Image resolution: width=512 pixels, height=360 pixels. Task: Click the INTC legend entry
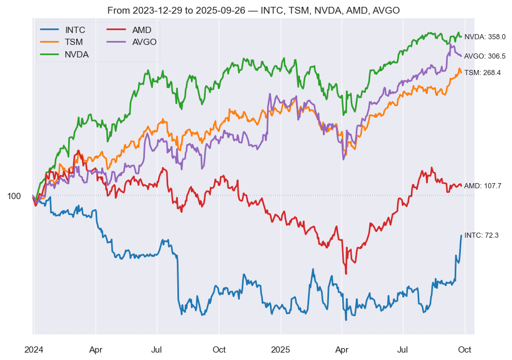coord(75,30)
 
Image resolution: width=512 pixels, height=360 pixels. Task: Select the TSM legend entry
coord(74,42)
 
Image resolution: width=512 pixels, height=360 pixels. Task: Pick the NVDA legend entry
coord(76,55)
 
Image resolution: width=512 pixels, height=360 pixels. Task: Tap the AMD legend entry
coord(141,30)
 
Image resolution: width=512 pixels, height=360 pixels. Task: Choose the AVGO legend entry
coord(144,42)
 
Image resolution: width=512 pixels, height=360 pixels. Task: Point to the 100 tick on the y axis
coord(14,196)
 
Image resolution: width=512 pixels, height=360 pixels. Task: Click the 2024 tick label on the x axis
coord(34,349)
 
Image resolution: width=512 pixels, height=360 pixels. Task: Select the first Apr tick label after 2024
coord(96,349)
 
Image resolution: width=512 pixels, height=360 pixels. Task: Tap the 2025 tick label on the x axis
coord(281,349)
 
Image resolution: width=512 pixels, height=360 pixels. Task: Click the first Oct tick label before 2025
coord(219,349)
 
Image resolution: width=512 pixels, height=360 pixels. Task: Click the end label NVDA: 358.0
coord(485,37)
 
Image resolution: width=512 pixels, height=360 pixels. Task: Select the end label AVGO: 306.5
coord(485,56)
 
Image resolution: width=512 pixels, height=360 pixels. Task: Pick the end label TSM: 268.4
coord(482,73)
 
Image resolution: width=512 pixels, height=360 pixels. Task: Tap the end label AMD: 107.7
coord(483,186)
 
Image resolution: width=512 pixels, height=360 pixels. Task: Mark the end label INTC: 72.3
coord(481,235)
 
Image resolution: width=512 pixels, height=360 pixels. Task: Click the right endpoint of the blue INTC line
coord(461,235)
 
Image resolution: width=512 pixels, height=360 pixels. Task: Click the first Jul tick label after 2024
coord(157,349)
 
